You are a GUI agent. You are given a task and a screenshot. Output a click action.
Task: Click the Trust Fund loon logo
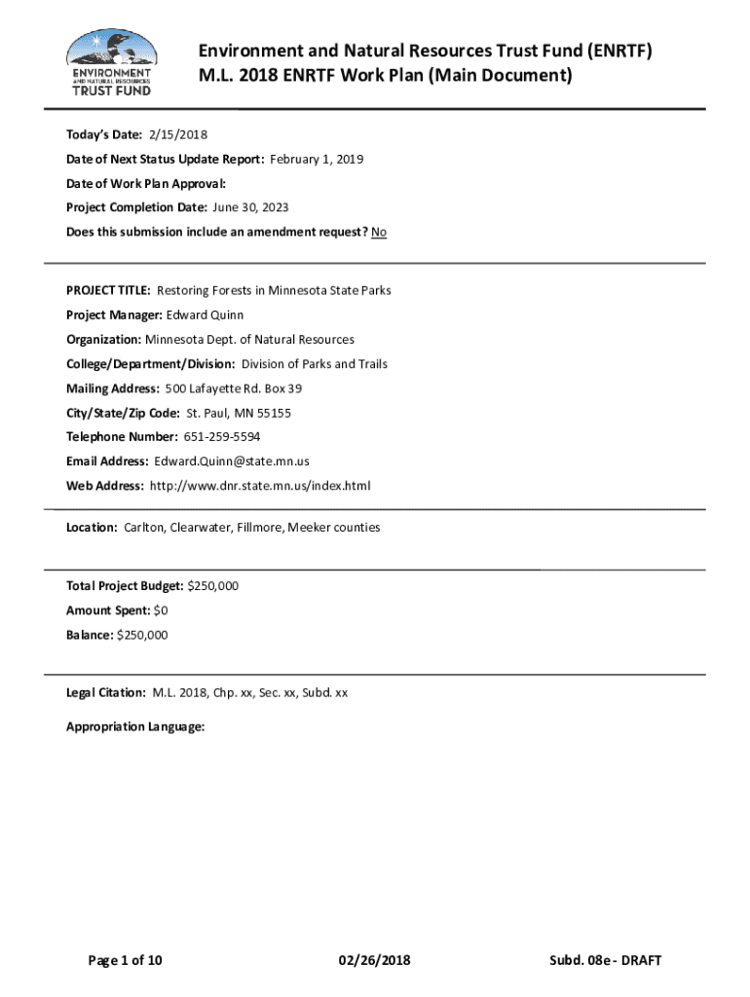[x=110, y=61]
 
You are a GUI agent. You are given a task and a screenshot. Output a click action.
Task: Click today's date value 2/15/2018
[x=178, y=133]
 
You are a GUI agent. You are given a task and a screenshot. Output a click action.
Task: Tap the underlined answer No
[x=379, y=232]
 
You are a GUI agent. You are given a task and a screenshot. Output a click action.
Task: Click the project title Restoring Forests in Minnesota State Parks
[x=274, y=290]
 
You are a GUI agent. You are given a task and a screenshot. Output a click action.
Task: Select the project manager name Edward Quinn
[x=206, y=314]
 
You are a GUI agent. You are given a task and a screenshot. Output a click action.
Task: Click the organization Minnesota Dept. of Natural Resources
[x=249, y=339]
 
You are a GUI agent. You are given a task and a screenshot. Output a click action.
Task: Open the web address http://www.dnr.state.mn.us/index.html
[x=260, y=485]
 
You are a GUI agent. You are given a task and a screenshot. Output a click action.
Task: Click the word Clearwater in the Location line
[x=200, y=527]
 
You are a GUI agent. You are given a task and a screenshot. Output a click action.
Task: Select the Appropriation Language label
[x=135, y=726]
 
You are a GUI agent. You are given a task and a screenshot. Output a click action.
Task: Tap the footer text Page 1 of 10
[x=126, y=961]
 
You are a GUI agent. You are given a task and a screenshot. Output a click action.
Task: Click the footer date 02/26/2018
[x=375, y=961]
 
